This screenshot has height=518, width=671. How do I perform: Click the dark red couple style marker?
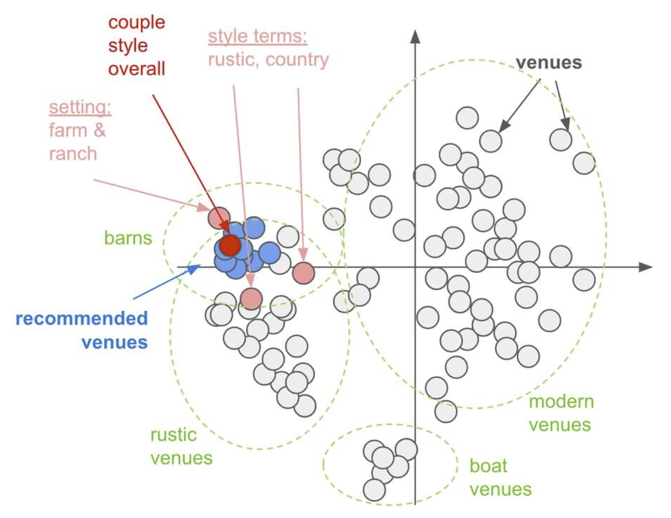coord(230,244)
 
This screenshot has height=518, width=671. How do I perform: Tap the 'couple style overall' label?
coord(136,45)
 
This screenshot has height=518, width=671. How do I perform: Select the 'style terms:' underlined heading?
coord(257,36)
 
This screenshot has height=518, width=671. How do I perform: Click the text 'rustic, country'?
coord(268,59)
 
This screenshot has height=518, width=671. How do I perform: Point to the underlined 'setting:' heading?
coord(80,107)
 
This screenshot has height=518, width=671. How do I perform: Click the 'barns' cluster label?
coord(128,238)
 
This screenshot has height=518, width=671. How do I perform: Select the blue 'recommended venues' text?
coord(82,330)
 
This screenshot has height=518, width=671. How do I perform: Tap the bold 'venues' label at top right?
coord(549,63)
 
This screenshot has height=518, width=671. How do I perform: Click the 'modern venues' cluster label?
coord(561,413)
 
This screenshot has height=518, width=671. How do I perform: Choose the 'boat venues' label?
coord(500,477)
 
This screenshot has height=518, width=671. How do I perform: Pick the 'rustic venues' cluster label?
coord(181,446)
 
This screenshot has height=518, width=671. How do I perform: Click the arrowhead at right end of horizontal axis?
coord(646,267)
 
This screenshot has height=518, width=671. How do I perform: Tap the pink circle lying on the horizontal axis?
coord(303,273)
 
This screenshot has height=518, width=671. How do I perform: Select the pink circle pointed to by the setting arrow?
coord(219,218)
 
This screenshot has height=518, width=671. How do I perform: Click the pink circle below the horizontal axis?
coord(251,298)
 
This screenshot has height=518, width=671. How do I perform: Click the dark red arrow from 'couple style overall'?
coord(190,162)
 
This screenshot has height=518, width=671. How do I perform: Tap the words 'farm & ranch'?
coord(77,142)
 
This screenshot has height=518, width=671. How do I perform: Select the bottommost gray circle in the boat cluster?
coord(374,490)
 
